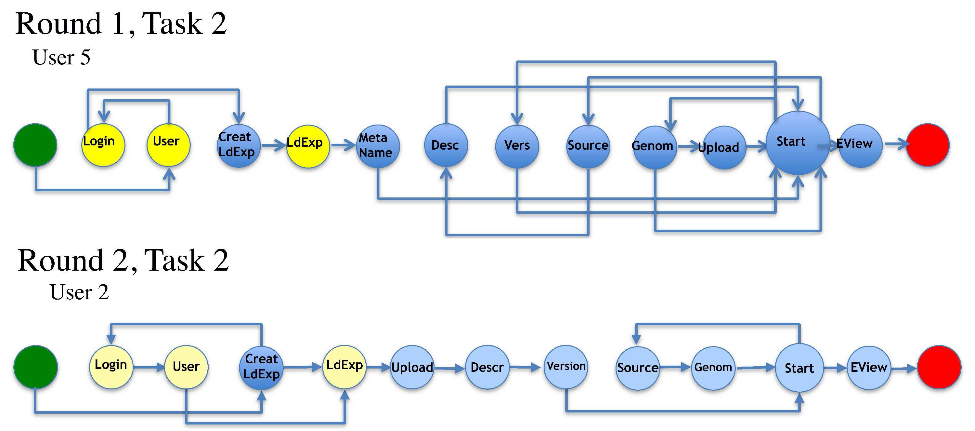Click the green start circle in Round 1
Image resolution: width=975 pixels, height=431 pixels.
[35, 145]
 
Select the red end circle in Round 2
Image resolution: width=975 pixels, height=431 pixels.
[939, 367]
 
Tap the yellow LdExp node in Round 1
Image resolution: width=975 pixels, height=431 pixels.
[308, 146]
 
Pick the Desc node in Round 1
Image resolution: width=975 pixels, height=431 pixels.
[446, 145]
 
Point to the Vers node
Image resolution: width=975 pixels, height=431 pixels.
[517, 146]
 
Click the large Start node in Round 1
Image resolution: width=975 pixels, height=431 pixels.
[798, 143]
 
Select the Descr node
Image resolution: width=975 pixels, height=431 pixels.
[487, 367]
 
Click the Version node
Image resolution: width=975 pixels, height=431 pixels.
[566, 367]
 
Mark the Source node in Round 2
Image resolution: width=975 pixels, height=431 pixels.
[638, 368]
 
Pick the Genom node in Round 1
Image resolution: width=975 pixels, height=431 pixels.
[655, 147]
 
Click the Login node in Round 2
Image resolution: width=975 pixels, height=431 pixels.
[111, 367]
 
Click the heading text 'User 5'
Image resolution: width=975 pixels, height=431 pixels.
[61, 57]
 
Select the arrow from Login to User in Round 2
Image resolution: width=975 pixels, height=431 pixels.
[149, 367]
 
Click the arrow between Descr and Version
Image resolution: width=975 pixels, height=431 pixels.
[525, 367]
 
